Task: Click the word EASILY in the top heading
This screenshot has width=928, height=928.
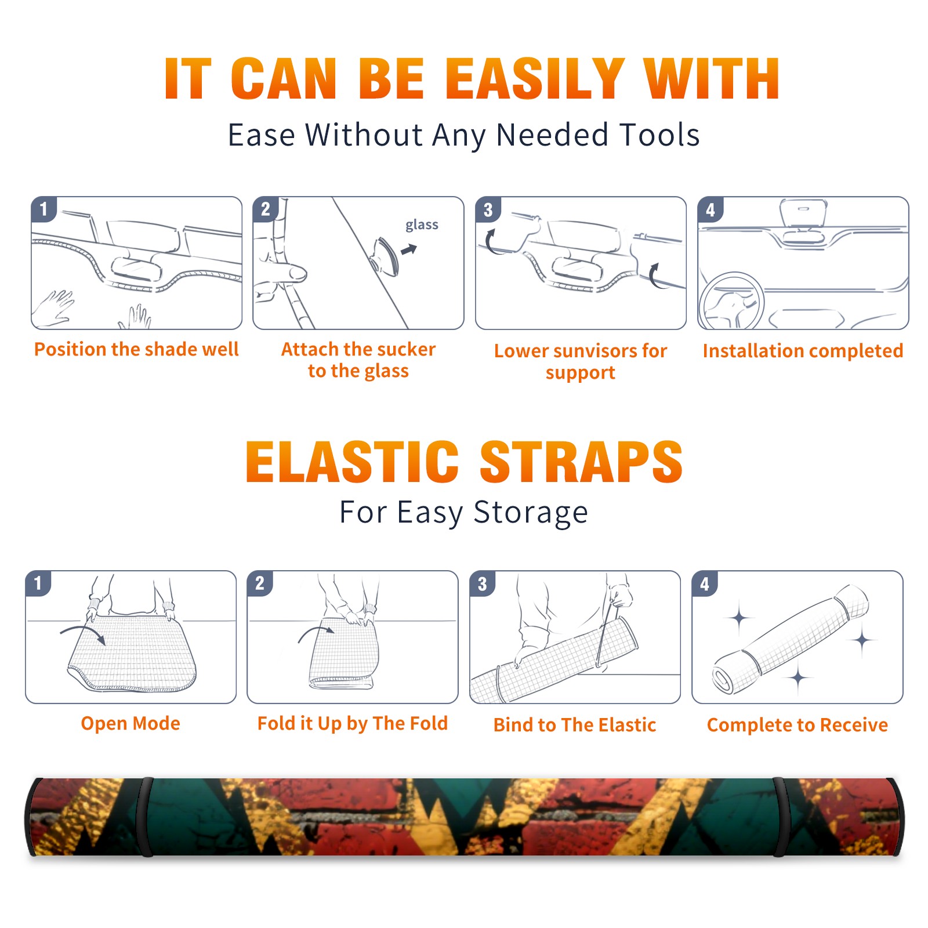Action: [x=535, y=79]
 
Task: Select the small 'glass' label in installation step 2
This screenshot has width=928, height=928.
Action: [x=422, y=224]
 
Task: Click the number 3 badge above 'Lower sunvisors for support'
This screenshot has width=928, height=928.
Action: [x=488, y=209]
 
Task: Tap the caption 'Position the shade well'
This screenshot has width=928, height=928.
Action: [x=136, y=349]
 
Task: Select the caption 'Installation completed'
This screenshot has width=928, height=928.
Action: [x=803, y=350]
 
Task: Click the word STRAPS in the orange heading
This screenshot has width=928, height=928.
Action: [x=581, y=462]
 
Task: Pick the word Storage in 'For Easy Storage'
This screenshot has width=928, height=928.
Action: [x=531, y=513]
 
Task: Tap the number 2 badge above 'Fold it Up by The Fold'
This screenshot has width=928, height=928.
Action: [x=259, y=583]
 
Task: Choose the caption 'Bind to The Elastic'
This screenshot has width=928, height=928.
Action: [x=574, y=724]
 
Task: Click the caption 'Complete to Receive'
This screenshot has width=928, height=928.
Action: [x=797, y=724]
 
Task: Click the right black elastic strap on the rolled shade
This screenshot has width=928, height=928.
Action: [x=780, y=817]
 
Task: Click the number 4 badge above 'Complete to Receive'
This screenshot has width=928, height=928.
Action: [x=704, y=583]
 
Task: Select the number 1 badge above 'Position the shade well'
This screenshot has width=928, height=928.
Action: [x=43, y=209]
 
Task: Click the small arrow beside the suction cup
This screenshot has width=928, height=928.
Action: [x=409, y=249]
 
